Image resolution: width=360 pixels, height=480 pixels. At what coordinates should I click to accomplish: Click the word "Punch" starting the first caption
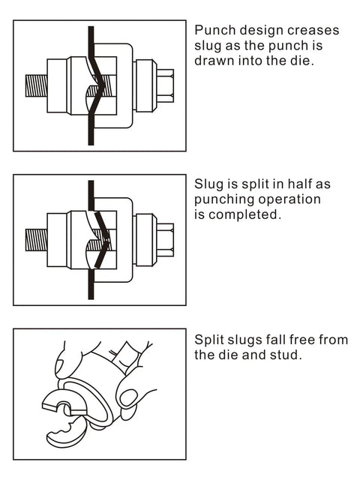[213, 31]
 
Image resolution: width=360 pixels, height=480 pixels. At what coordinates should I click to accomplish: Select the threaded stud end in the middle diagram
[34, 240]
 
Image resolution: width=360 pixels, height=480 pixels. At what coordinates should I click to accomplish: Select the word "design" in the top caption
[261, 31]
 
